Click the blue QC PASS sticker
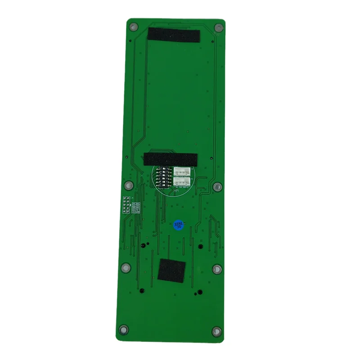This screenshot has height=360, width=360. [178, 225]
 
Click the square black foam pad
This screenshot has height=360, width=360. [171, 272]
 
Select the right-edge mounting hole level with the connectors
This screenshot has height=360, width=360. [218, 186]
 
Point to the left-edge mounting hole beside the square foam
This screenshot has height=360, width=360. [126, 269]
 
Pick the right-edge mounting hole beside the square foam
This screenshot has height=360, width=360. [216, 269]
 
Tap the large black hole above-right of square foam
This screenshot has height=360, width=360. [201, 246]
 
